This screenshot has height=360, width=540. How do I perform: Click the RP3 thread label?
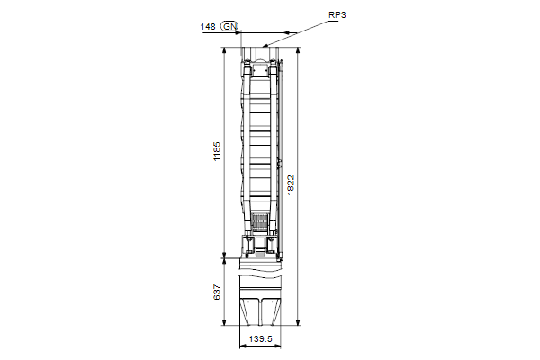337,15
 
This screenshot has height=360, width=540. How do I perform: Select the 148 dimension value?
208,26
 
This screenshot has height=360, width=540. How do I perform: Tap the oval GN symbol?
229,26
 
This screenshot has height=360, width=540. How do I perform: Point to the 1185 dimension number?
217,151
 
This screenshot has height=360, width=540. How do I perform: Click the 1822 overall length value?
291,185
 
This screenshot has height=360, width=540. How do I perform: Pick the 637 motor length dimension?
217,292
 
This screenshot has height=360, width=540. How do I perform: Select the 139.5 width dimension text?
261,339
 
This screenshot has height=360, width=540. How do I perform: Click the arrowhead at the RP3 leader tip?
265,46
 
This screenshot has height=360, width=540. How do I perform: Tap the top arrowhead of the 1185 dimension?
224,50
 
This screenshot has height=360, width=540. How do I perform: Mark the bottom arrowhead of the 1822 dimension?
298,322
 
